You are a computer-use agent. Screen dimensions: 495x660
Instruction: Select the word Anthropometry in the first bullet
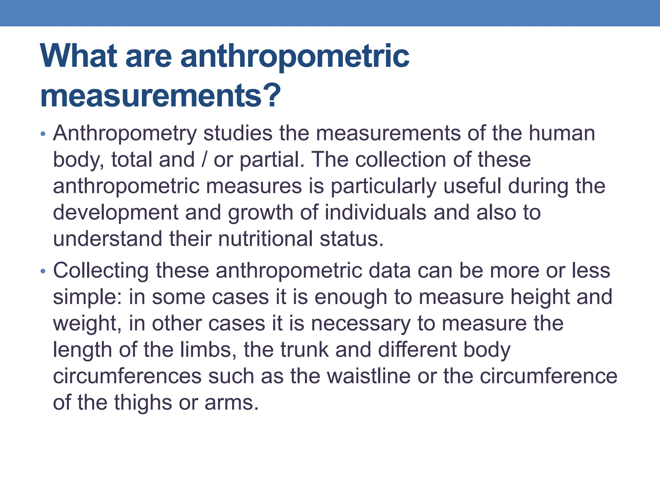[125, 133]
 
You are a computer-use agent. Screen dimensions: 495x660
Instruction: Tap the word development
[115, 213]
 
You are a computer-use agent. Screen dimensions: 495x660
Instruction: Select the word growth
[260, 213]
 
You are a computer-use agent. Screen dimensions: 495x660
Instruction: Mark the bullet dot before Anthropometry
[43, 134]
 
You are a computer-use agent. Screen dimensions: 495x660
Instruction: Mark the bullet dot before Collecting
[43, 271]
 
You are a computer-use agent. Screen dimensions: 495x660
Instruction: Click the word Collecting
[101, 271]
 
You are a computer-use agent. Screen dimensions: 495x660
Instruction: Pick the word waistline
[350, 376]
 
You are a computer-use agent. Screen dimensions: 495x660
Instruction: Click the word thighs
[143, 403]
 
